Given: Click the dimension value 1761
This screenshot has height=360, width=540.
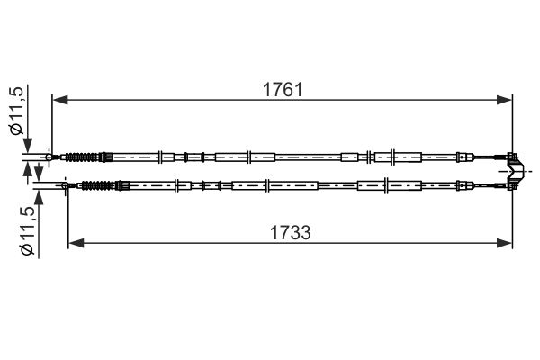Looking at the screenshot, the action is point(283,90).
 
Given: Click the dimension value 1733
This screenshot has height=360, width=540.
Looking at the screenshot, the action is point(290,232).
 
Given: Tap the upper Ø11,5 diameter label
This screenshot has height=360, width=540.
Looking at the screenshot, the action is point(17,111).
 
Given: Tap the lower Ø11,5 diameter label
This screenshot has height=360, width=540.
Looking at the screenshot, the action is point(28,231).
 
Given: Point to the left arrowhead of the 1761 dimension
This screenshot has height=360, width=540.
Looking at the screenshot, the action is point(59,100).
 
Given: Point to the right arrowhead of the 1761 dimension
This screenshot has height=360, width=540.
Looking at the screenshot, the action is point(505,100).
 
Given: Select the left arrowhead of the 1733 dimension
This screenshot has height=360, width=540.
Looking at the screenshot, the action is point(76,243).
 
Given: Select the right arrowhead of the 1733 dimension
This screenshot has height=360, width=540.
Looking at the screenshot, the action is point(505,243).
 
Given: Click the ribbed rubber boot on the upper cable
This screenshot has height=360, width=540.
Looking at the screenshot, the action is point(82,157).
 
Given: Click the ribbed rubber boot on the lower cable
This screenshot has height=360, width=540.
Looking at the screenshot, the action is point(98,186).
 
